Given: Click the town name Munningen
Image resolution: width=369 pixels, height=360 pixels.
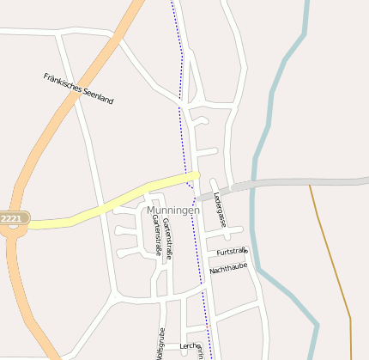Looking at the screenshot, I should click(x=172, y=210).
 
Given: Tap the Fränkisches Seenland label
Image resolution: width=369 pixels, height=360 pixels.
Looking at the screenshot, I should click(x=78, y=88).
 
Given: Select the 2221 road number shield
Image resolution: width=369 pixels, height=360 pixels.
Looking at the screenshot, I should click(x=12, y=219).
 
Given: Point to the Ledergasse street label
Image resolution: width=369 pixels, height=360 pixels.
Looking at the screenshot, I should click(x=220, y=209).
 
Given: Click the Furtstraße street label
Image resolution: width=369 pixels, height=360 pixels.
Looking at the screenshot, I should click(x=232, y=252).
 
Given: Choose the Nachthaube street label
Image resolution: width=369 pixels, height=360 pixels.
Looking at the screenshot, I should click(x=228, y=268).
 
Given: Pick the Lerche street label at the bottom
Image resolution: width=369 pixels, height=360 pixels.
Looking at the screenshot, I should click(x=190, y=346).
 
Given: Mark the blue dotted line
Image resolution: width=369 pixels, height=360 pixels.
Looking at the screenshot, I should click(x=182, y=103).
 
